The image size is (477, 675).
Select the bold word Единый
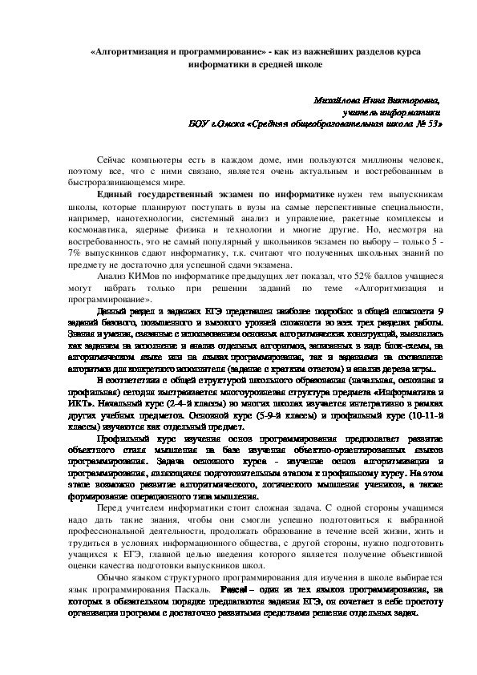coord(115,195)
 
